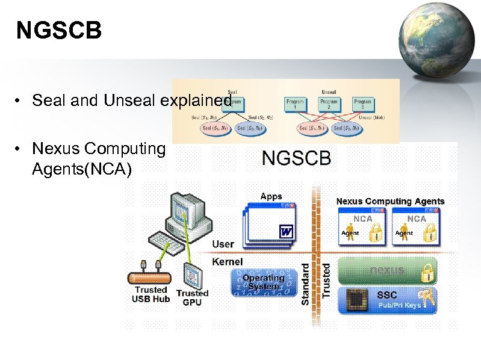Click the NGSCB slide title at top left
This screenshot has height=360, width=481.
(59, 31)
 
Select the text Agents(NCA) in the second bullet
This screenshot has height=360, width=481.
(81, 170)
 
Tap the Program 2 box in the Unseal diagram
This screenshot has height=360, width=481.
(329, 103)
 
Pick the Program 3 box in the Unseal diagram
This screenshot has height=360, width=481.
(362, 103)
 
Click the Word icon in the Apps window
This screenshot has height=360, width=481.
(287, 231)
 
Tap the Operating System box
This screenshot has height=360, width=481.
(262, 282)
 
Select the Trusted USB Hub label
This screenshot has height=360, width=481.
(151, 294)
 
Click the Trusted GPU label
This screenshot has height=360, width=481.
(193, 297)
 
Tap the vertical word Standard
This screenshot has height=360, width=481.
(305, 283)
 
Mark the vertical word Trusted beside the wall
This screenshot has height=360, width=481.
(326, 279)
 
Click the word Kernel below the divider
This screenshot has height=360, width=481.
(228, 262)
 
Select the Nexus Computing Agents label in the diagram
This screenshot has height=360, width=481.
(390, 201)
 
